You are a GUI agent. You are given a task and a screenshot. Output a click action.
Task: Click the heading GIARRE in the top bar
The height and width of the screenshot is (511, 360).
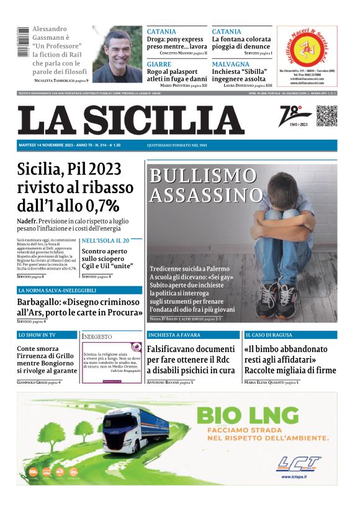pyautogui.click(x=160, y=64)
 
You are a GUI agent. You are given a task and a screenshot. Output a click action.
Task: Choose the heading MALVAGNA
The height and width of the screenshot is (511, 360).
pyautogui.click(x=230, y=64)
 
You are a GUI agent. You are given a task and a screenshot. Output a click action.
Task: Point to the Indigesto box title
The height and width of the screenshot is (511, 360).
pyautogui.click(x=97, y=337)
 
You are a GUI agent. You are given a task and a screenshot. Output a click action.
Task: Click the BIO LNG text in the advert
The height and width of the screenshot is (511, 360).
pyautogui.click(x=256, y=415)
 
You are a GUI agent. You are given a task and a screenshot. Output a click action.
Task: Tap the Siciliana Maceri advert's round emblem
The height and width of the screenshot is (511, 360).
pyautogui.click(x=307, y=48)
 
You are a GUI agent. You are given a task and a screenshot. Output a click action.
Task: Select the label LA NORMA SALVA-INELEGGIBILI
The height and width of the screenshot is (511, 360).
pyautogui.click(x=57, y=290)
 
